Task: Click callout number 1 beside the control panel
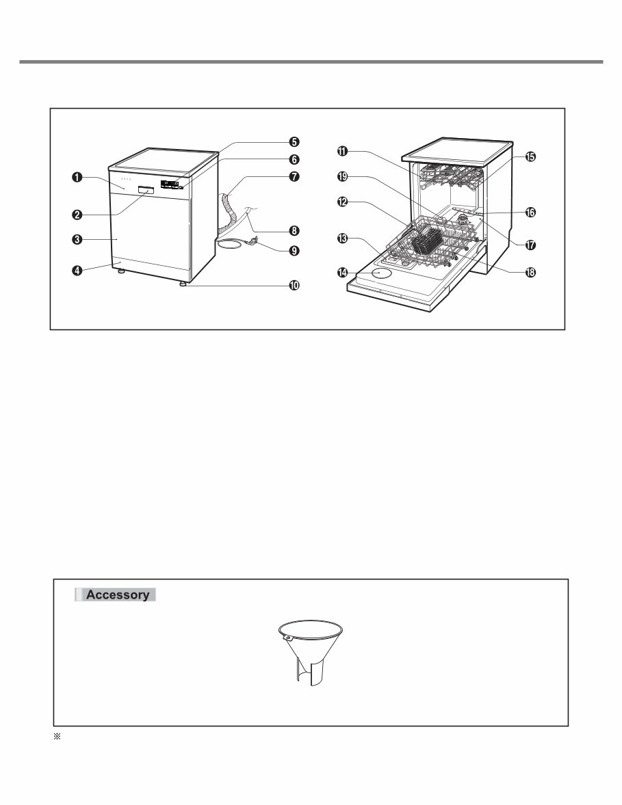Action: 76,177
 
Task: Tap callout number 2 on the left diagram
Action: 77,214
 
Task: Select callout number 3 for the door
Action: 77,239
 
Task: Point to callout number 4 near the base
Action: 77,270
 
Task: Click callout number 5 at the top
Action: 294,141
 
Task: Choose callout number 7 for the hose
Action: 294,176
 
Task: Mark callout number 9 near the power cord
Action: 294,251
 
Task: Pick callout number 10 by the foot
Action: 294,286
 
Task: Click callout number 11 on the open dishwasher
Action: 342,151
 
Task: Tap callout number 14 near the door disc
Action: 342,273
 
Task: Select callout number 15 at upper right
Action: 530,156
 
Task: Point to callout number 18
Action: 530,272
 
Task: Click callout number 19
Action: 342,176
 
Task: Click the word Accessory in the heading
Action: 118,595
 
